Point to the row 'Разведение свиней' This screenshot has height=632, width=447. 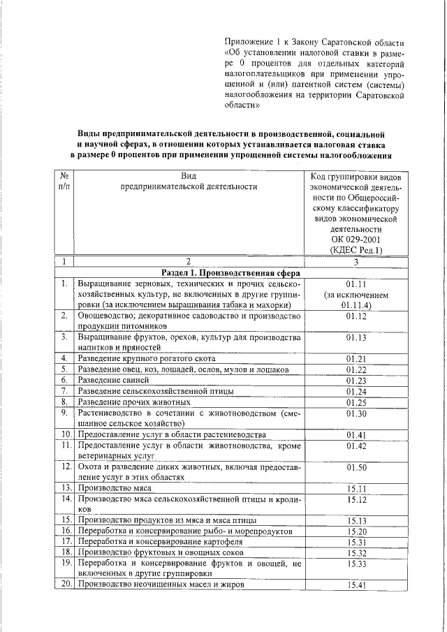pos(112,380)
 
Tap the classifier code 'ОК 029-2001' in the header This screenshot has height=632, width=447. pos(356,239)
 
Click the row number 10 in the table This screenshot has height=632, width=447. pos(64,434)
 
